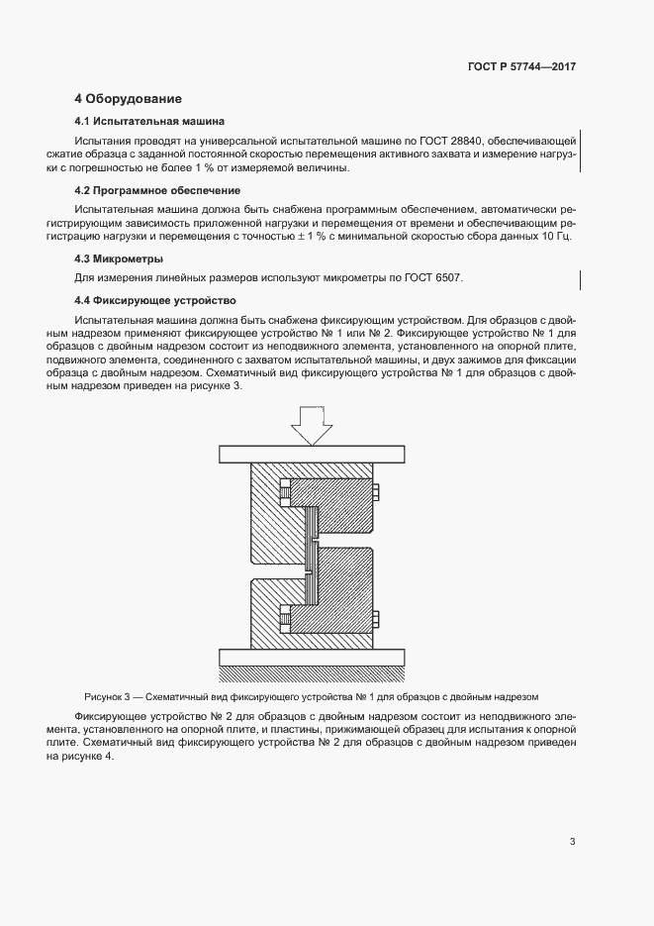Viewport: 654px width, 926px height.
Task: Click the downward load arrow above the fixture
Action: click(311, 427)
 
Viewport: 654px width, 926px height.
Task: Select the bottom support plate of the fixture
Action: click(311, 657)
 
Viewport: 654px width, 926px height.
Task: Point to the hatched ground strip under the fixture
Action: click(311, 673)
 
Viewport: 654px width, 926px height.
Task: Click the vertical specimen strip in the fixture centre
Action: click(310, 555)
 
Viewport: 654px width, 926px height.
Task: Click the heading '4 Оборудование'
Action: click(129, 99)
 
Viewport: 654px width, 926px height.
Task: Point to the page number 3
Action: click(572, 842)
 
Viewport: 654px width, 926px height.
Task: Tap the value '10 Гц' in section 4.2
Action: click(556, 237)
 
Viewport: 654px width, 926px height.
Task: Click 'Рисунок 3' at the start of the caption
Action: click(108, 696)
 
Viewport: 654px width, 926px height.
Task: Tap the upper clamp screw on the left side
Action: click(285, 490)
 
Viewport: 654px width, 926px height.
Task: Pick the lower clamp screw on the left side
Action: click(285, 619)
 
